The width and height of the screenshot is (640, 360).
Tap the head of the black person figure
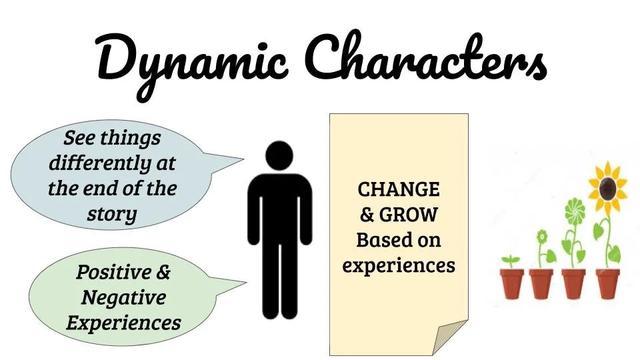pyautogui.click(x=279, y=156)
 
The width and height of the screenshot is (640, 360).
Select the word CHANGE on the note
pyautogui.click(x=399, y=190)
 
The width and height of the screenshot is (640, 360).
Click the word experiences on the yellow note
pyautogui.click(x=399, y=265)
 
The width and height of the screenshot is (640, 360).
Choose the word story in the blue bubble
pyautogui.click(x=111, y=214)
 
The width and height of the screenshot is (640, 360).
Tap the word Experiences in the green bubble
pyautogui.click(x=123, y=323)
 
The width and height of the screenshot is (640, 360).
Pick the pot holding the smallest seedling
pyautogui.click(x=512, y=283)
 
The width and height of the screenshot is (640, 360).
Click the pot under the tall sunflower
pyautogui.click(x=607, y=283)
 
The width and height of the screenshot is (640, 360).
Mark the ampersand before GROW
pyautogui.click(x=367, y=215)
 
